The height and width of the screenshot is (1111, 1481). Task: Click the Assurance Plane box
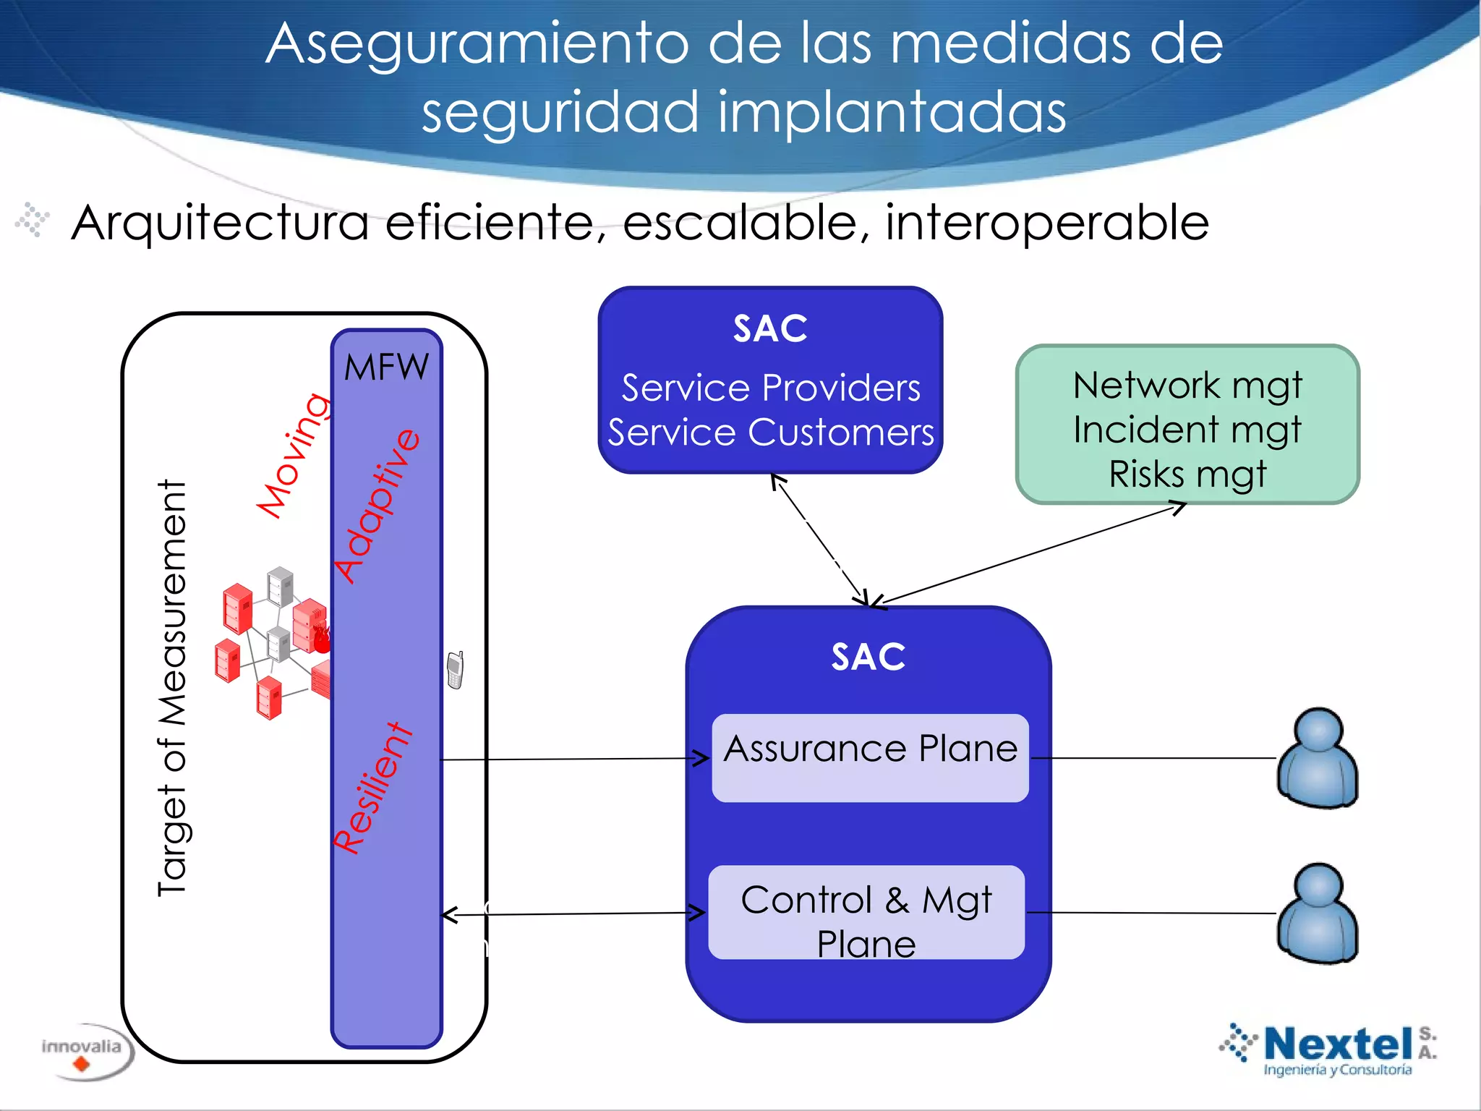pyautogui.click(x=870, y=757)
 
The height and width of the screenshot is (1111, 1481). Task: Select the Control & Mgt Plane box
pyautogui.click(x=866, y=912)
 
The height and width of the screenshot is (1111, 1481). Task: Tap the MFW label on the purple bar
pyautogui.click(x=386, y=367)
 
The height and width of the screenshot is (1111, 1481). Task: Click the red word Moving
pyautogui.click(x=294, y=456)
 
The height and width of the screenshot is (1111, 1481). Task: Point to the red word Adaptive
pyautogui.click(x=377, y=506)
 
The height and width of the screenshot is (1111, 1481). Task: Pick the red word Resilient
pyautogui.click(x=372, y=788)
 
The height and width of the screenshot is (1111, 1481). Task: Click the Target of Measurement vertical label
pyautogui.click(x=172, y=688)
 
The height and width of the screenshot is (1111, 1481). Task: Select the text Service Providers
pyautogui.click(x=771, y=388)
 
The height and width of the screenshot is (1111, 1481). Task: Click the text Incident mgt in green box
pyautogui.click(x=1187, y=430)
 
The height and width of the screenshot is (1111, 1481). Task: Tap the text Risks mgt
pyautogui.click(x=1187, y=474)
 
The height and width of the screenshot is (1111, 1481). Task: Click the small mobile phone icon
pyautogui.click(x=455, y=670)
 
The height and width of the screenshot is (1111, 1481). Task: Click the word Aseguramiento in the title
pyautogui.click(x=477, y=45)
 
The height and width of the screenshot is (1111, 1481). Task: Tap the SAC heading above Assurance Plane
pyautogui.click(x=868, y=657)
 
